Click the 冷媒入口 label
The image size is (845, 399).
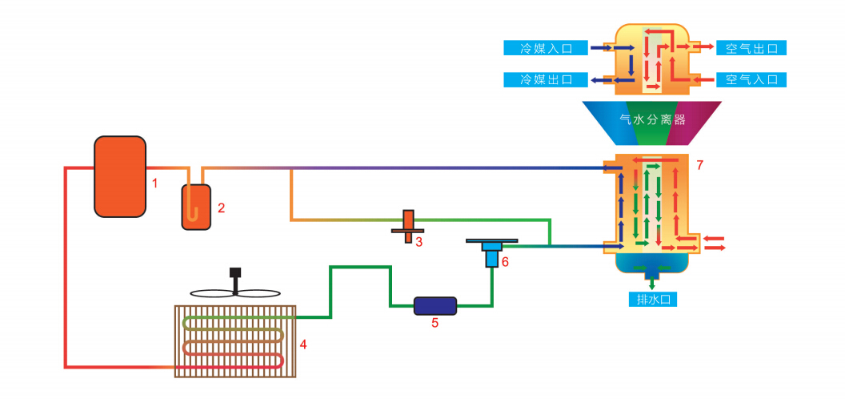(547, 48)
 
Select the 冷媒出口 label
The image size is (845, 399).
(547, 79)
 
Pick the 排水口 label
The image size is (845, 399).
(654, 300)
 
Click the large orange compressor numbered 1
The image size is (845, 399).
(120, 176)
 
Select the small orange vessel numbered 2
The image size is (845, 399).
(196, 207)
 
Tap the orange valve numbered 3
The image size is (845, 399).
(408, 227)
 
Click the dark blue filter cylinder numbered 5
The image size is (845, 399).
(435, 305)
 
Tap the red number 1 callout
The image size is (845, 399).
(155, 183)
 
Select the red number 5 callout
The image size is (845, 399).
(435, 324)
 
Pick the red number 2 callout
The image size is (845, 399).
(221, 208)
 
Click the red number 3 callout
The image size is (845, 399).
(418, 242)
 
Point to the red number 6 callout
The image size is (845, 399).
(505, 262)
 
